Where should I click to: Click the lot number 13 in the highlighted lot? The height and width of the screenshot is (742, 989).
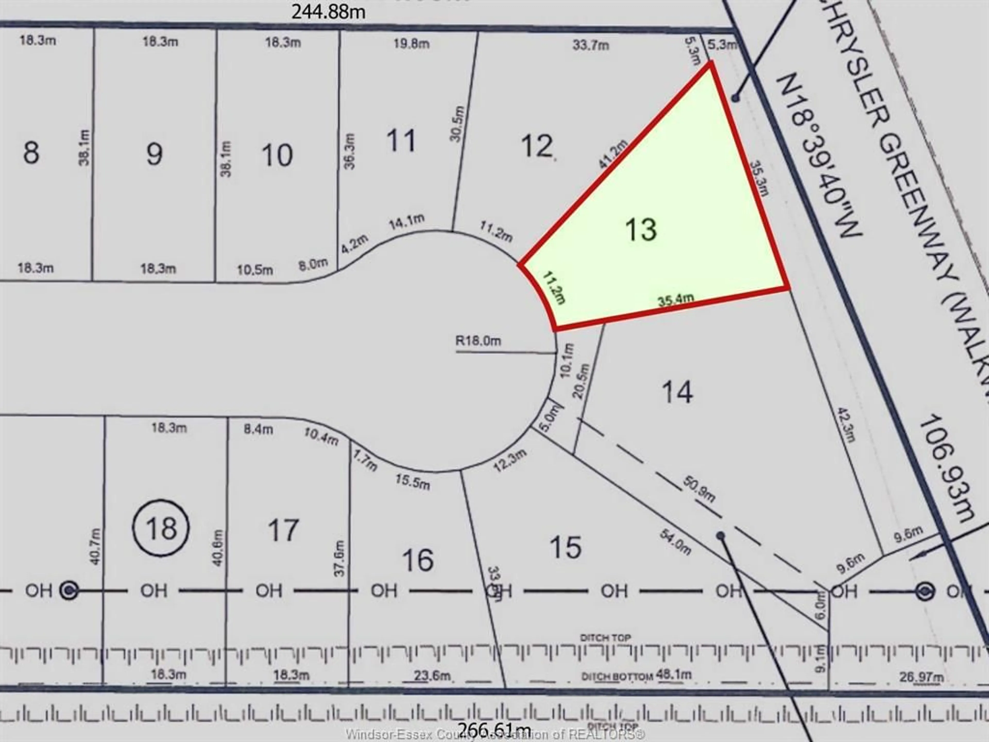(x=641, y=230)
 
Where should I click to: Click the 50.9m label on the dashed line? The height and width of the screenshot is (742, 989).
(x=699, y=489)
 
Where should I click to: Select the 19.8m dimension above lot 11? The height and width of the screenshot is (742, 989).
(x=411, y=44)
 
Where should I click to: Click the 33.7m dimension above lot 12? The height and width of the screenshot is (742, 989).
(x=591, y=45)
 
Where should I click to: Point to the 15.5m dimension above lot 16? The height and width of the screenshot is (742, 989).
(x=412, y=482)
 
